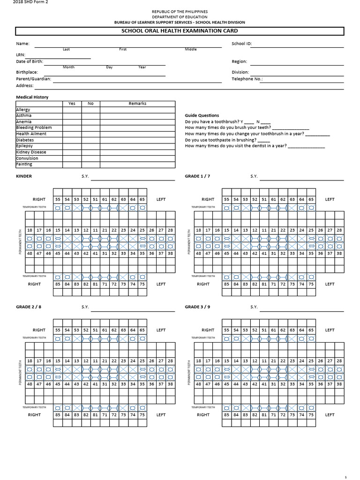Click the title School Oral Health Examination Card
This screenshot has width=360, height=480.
180,31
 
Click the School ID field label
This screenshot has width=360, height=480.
242,44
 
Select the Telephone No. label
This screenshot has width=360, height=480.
247,79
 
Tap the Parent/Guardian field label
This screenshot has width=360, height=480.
33,79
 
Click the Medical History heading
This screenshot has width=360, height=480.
32,97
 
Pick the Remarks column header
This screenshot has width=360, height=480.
137,104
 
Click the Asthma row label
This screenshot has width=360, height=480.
24,115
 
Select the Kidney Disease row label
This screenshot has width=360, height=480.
31,152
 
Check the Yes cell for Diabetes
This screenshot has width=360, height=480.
72,140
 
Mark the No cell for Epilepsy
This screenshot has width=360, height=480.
90,146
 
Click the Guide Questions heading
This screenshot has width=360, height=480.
202,115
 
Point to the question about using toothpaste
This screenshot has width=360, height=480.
227,140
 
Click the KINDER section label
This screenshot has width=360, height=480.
24,177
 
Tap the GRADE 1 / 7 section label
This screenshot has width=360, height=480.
198,177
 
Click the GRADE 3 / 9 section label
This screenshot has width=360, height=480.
198,307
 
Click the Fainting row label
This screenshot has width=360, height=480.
24,164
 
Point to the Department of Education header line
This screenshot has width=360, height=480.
180,16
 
